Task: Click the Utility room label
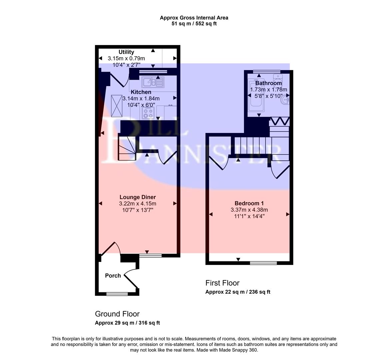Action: pos(126,52)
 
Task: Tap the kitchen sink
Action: pos(153,82)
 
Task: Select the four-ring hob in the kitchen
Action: pos(148,113)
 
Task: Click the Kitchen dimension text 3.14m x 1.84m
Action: pos(141,98)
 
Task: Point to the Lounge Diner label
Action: pos(138,197)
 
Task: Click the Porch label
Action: pos(113,276)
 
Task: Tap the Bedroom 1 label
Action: pos(249,203)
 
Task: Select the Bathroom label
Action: pos(268,83)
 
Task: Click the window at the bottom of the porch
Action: pos(117,294)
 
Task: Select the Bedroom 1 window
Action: pos(263,263)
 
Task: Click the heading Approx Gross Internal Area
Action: pos(194,18)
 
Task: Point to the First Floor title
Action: pos(222,283)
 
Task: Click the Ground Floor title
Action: pos(117,314)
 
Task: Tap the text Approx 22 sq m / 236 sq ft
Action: pos(238,292)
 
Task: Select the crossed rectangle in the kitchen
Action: pos(117,106)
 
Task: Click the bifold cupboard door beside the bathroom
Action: pos(279,121)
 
